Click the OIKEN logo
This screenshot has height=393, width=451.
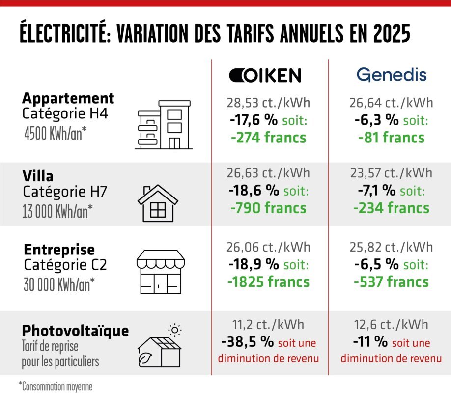pos(265,75)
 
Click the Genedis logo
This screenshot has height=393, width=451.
pos(391,75)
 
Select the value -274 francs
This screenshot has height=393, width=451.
pos(268,138)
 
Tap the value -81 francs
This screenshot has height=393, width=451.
pos(391,138)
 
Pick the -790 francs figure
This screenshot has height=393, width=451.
pos(268,208)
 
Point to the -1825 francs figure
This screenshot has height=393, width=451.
pos(269,282)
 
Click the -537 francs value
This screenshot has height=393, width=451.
pos(391,282)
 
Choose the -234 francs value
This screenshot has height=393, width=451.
pos(391,208)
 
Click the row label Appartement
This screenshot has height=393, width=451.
pos(68,98)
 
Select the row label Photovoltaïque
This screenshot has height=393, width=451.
pos(75,330)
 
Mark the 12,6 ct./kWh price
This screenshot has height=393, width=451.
pos(391,325)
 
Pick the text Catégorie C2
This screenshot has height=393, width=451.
pos(65,266)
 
